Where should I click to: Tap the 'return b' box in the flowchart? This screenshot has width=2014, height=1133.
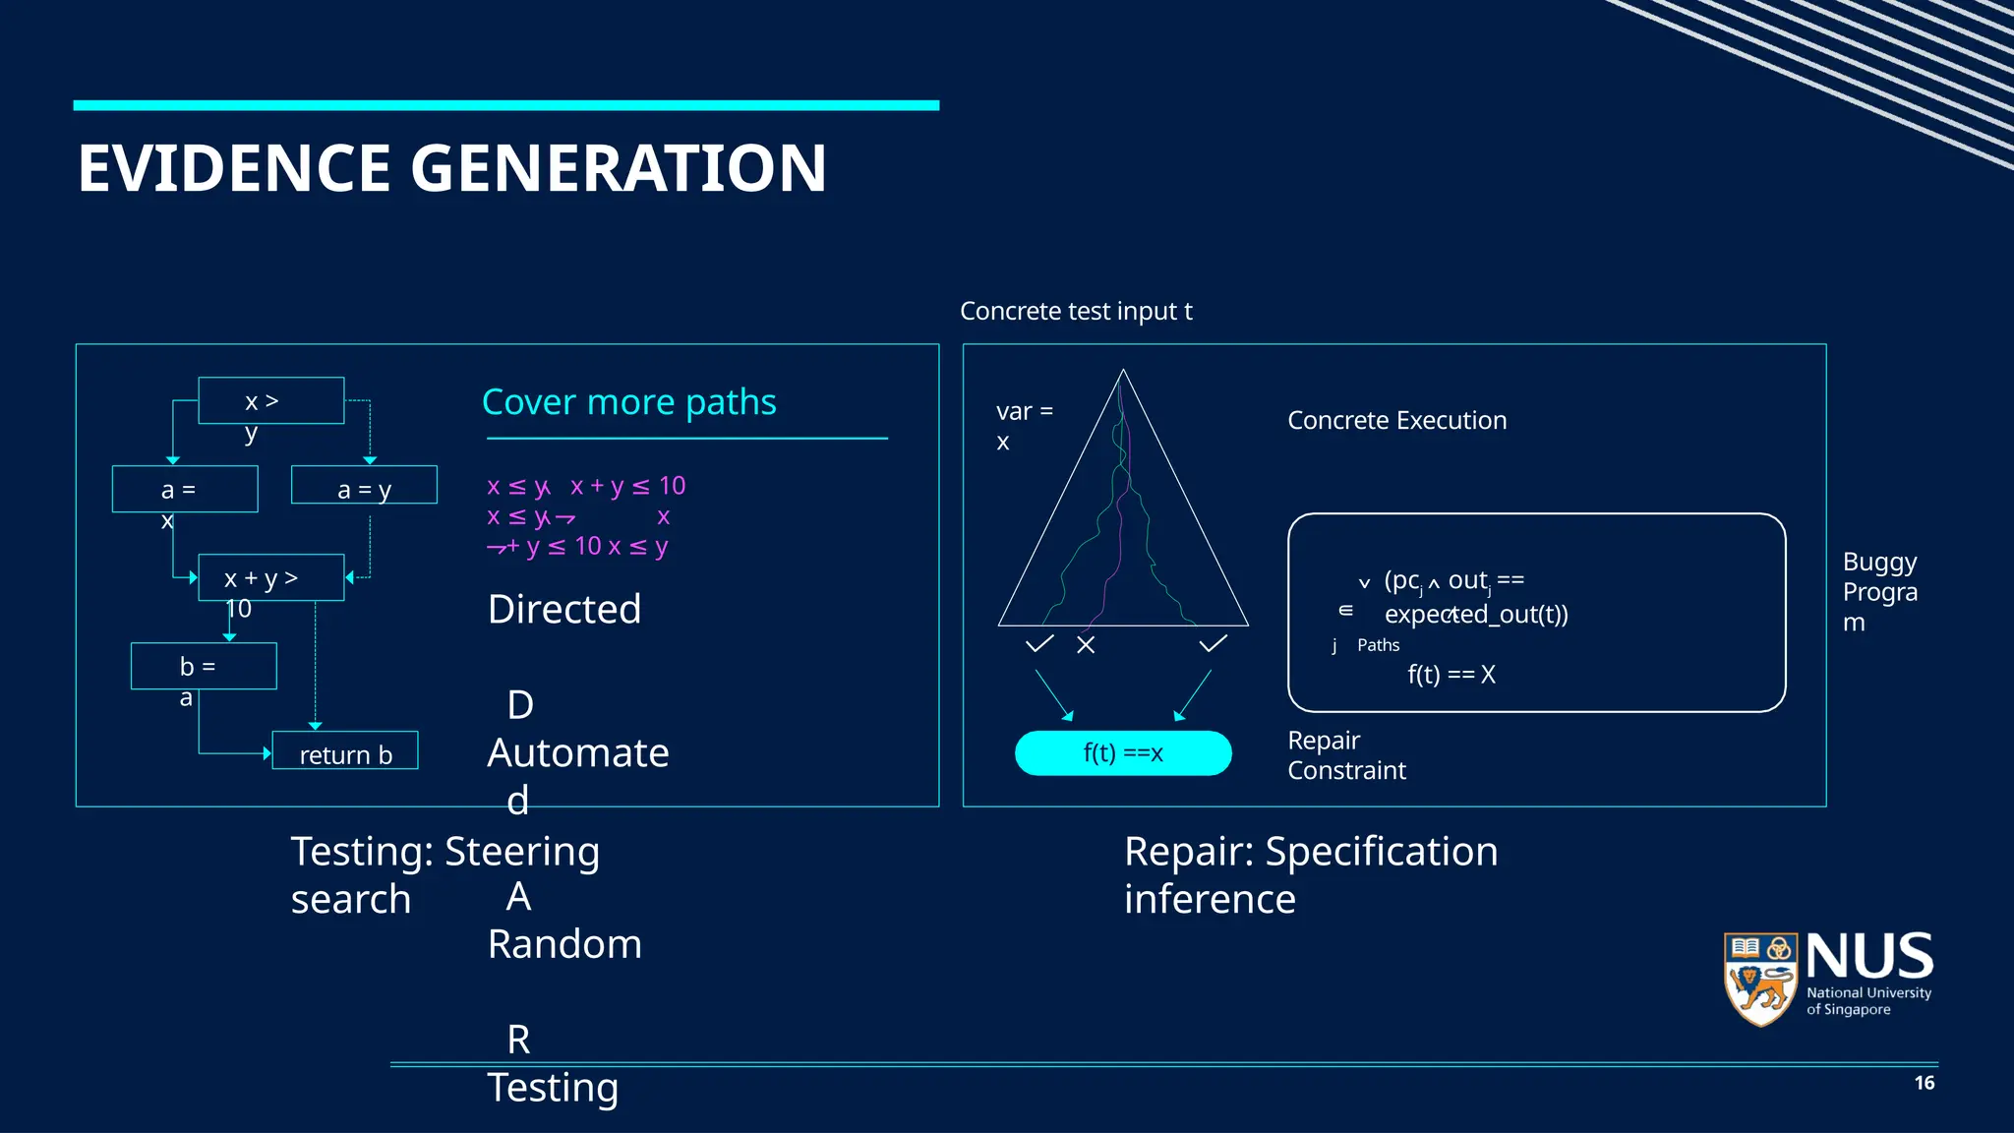(345, 751)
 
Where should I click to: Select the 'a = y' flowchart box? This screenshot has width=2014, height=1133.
(364, 486)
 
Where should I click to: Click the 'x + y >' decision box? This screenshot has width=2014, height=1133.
(270, 577)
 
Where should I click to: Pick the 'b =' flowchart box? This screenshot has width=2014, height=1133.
(204, 666)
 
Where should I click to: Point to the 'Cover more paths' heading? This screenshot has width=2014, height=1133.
(628, 402)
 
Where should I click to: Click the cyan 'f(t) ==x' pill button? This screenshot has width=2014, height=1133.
(1123, 753)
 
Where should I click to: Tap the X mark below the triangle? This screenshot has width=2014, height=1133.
(1086, 645)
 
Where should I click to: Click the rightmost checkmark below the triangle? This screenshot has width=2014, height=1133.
(1213, 644)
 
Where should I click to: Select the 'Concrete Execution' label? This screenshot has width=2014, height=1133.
(1396, 420)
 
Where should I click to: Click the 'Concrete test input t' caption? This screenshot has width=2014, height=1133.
(1076, 312)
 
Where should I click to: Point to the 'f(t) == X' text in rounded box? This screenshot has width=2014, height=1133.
(1451, 675)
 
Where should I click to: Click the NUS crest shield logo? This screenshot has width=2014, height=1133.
(1761, 978)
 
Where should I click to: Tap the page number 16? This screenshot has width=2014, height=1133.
(1924, 1083)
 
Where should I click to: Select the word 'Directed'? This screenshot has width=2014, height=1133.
(564, 610)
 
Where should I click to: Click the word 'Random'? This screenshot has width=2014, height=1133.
(564, 944)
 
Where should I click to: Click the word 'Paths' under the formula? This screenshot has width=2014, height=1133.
(1378, 645)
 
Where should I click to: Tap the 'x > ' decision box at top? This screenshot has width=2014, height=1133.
(270, 400)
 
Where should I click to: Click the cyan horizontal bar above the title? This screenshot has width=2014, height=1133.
(505, 105)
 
